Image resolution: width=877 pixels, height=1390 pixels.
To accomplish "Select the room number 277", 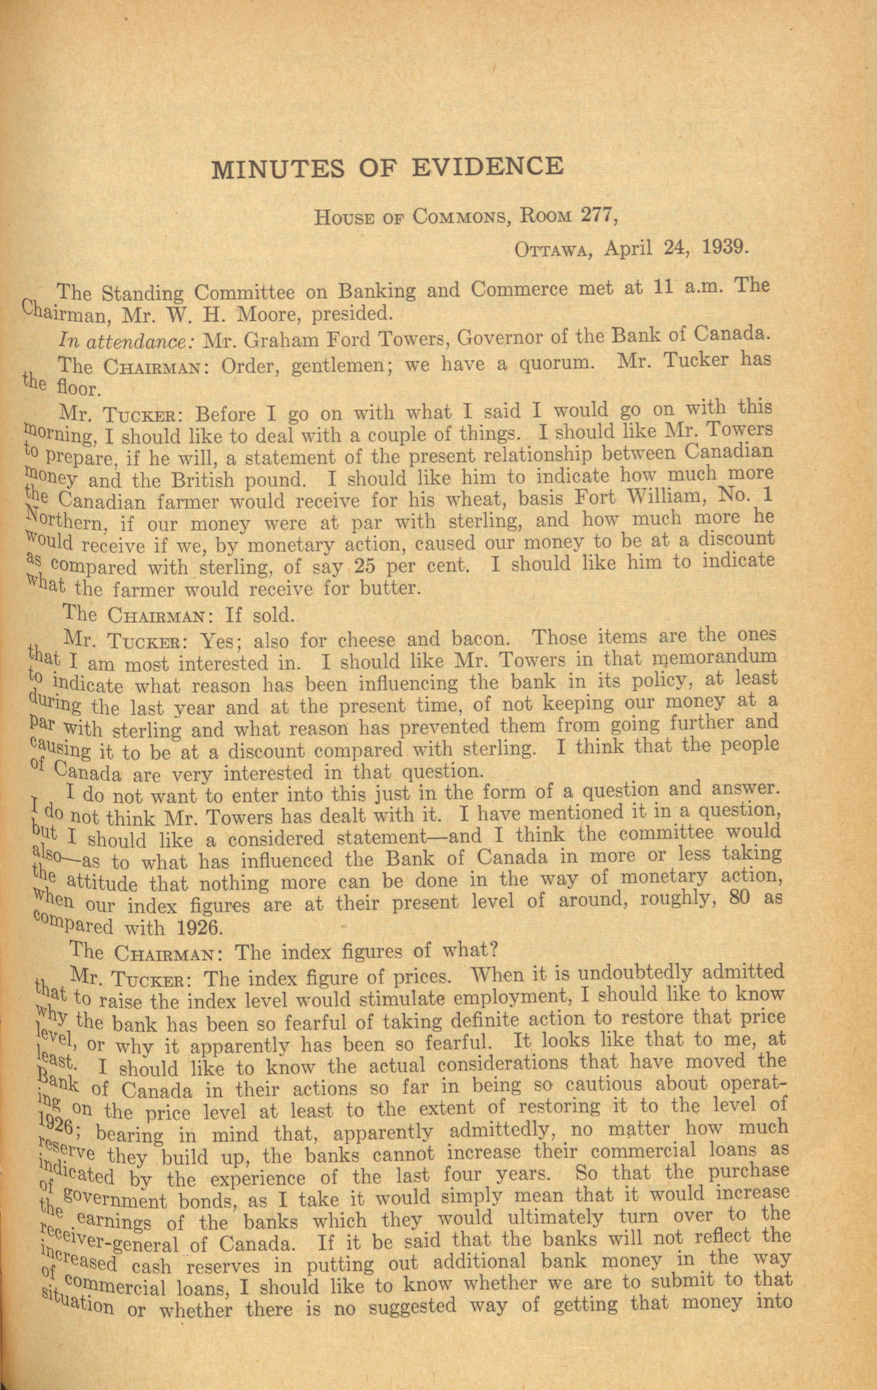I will pos(591,217).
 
